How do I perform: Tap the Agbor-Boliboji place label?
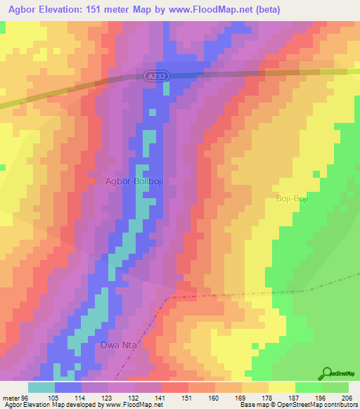tap(139, 181)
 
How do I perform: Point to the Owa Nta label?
tap(117, 345)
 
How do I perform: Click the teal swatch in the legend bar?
tap(41, 387)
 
